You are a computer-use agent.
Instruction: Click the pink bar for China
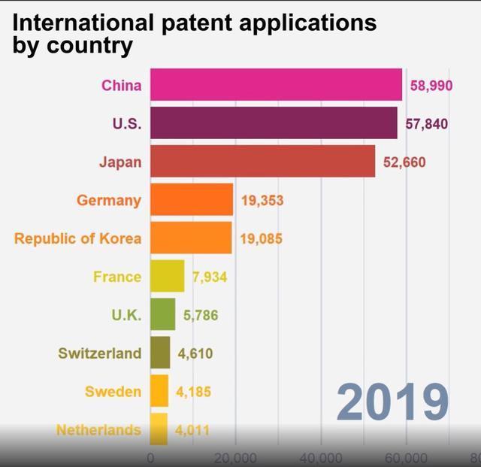[x=276, y=85]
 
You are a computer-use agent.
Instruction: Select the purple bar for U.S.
[x=274, y=123]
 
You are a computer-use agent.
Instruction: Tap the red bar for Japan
[x=262, y=162]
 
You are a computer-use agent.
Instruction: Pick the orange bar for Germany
[x=192, y=200]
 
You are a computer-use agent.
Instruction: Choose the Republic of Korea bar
[x=191, y=238]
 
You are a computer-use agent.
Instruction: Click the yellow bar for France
[x=167, y=277]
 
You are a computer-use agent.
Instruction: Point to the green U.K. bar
[x=162, y=315]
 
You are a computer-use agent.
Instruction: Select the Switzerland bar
[x=160, y=353]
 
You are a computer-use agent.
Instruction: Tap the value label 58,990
[x=431, y=86]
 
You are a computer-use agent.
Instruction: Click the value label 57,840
[x=427, y=124]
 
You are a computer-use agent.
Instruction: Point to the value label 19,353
[x=262, y=201]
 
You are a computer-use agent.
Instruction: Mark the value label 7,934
[x=210, y=277]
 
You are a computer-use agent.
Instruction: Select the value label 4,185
[x=194, y=392]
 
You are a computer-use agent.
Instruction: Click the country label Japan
[x=119, y=162]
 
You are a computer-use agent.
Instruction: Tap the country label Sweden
[x=113, y=392]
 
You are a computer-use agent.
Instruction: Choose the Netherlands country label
[x=98, y=430]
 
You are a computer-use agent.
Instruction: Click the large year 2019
[x=392, y=402]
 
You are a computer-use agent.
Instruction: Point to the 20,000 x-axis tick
[x=235, y=458]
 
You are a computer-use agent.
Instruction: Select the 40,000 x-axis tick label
[x=321, y=458]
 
